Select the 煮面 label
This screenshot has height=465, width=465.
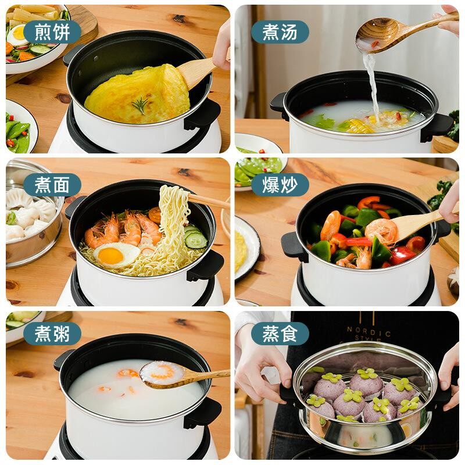click(52, 185)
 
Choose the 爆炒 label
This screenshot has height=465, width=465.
click(280, 185)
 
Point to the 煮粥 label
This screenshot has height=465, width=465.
click(52, 334)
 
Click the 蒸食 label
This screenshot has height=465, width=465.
click(280, 334)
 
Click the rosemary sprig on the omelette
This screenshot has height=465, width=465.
click(141, 105)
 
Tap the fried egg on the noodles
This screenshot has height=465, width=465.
click(116, 255)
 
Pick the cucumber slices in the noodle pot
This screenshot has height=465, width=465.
click(195, 237)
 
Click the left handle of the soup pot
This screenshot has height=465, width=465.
click(279, 106)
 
